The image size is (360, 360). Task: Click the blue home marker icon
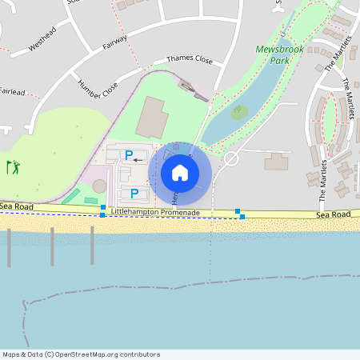pyautogui.click(x=180, y=172)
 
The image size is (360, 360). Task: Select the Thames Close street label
pyautogui.click(x=190, y=59)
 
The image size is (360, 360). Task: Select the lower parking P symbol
pyautogui.click(x=134, y=194)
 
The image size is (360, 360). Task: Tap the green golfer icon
pyautogui.click(x=13, y=167)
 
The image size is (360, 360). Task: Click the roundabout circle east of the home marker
pyautogui.click(x=232, y=158)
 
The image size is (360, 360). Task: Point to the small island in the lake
pyautogui.click(x=239, y=113)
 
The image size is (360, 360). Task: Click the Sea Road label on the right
pyautogui.click(x=333, y=214)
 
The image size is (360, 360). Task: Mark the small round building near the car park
pyautogui.click(x=99, y=186)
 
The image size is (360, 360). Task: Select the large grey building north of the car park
pyautogui.click(x=151, y=117)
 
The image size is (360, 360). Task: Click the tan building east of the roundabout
pyautogui.click(x=276, y=162)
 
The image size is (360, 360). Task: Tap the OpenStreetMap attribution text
pyautogui.click(x=81, y=354)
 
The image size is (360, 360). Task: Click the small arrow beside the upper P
pyautogui.click(x=138, y=160)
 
